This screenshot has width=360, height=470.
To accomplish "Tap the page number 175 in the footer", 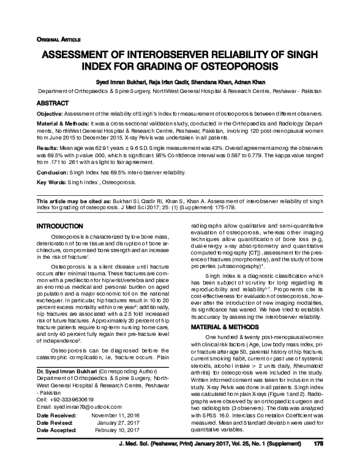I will [x=318, y=461].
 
